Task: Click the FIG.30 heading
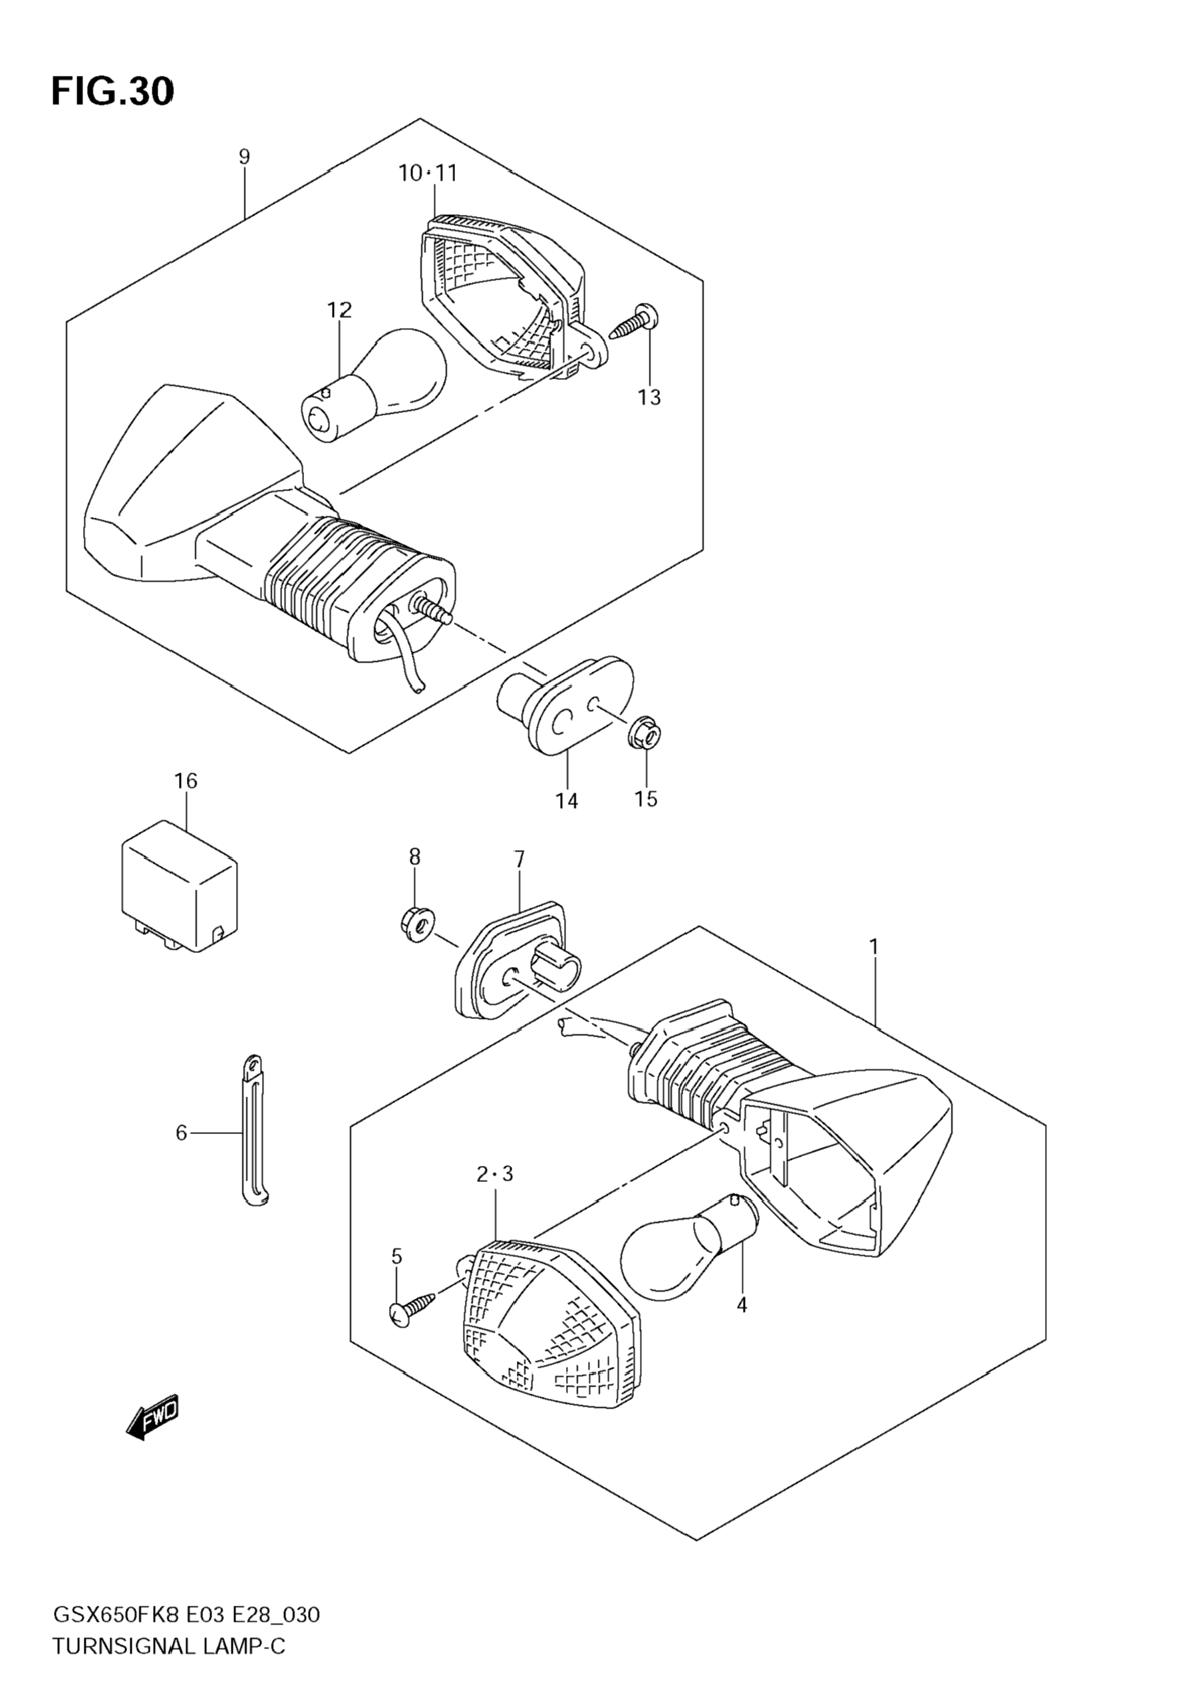tap(112, 91)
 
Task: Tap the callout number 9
tap(244, 156)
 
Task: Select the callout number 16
tap(186, 780)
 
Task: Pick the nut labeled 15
tap(645, 735)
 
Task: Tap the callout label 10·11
tap(428, 173)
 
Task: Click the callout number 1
tap(874, 946)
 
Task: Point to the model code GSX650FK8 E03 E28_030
tap(186, 1614)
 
